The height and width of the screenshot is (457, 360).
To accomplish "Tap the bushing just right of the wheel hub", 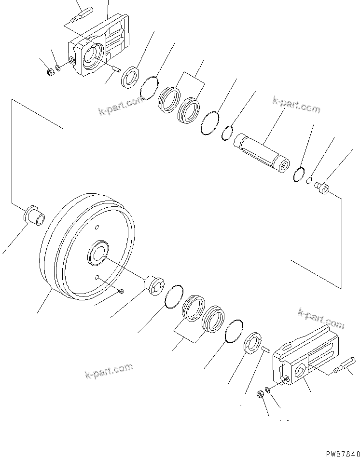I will click(154, 286).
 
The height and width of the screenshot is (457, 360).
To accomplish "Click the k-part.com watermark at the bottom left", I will click(109, 370).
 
